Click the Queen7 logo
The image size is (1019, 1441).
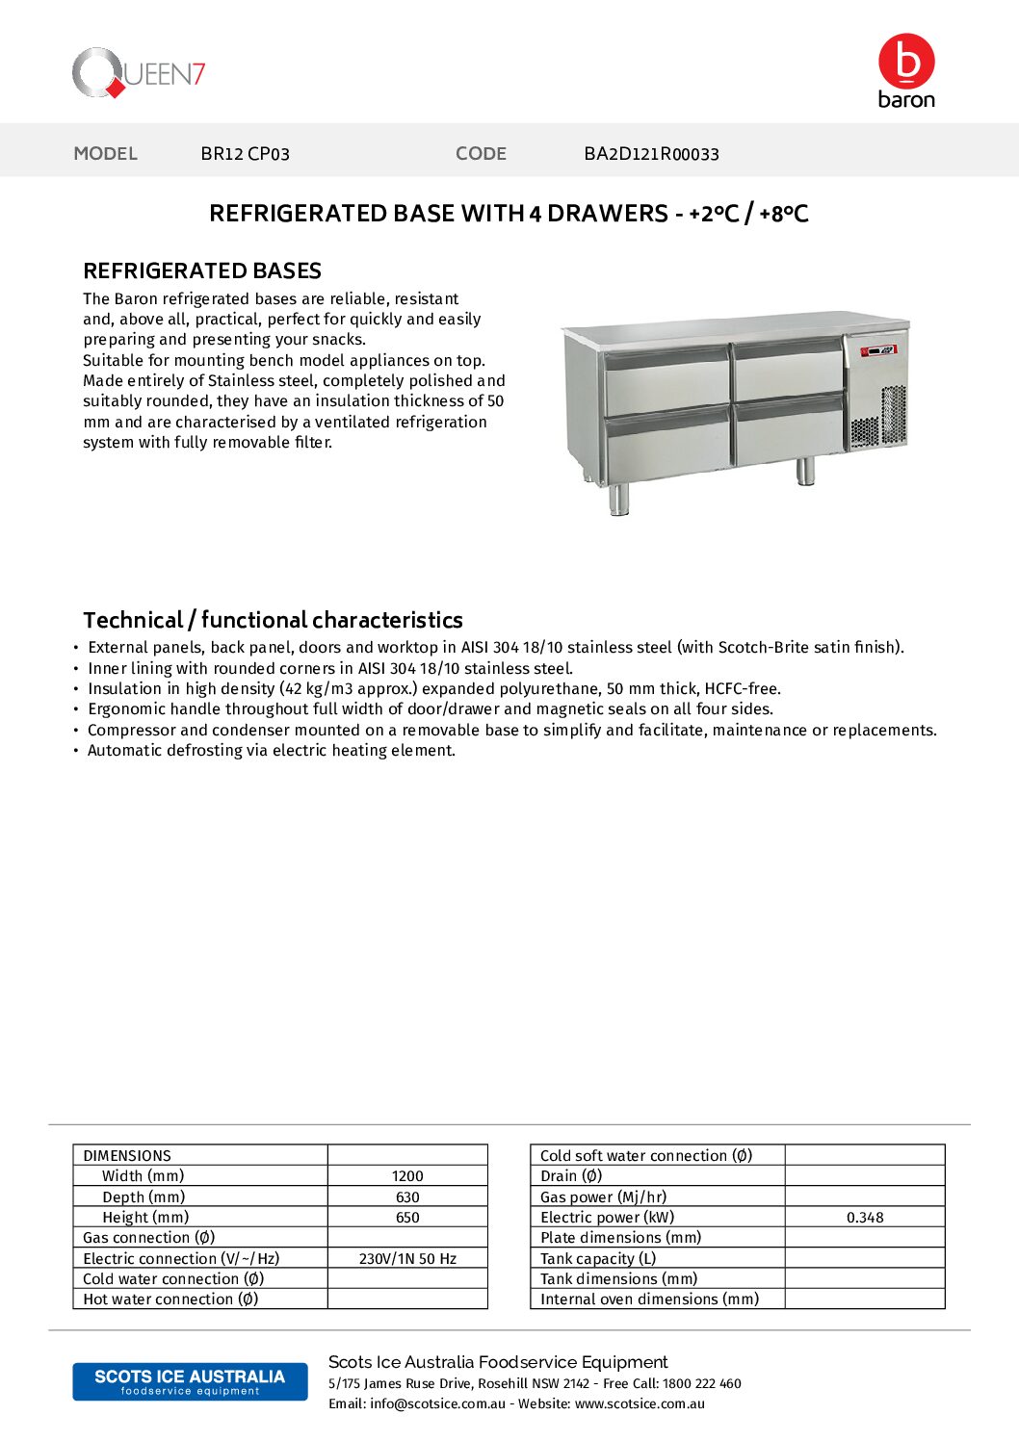pyautogui.click(x=139, y=73)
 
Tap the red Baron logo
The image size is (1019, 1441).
pyautogui.click(x=905, y=70)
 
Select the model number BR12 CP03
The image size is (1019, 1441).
pyautogui.click(x=245, y=154)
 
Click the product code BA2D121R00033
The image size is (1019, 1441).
pyautogui.click(x=651, y=154)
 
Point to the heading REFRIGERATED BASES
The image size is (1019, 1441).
pyautogui.click(x=202, y=270)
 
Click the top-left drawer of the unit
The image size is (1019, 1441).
pyautogui.click(x=666, y=379)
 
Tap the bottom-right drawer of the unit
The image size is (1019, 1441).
pyautogui.click(x=789, y=433)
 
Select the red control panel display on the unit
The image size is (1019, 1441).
pyautogui.click(x=877, y=350)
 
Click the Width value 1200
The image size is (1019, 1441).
pyautogui.click(x=407, y=1176)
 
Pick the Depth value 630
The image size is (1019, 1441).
pyautogui.click(x=407, y=1197)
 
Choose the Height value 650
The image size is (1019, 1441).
pyautogui.click(x=407, y=1218)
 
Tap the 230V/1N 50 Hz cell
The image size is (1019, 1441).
pyautogui.click(x=407, y=1259)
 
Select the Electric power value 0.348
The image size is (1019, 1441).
pyautogui.click(x=865, y=1218)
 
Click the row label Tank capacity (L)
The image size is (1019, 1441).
pyautogui.click(x=598, y=1259)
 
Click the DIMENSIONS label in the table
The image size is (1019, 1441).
pyautogui.click(x=127, y=1155)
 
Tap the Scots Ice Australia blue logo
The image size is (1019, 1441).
pyautogui.click(x=190, y=1381)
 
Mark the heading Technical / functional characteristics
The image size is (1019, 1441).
pyautogui.click(x=273, y=620)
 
